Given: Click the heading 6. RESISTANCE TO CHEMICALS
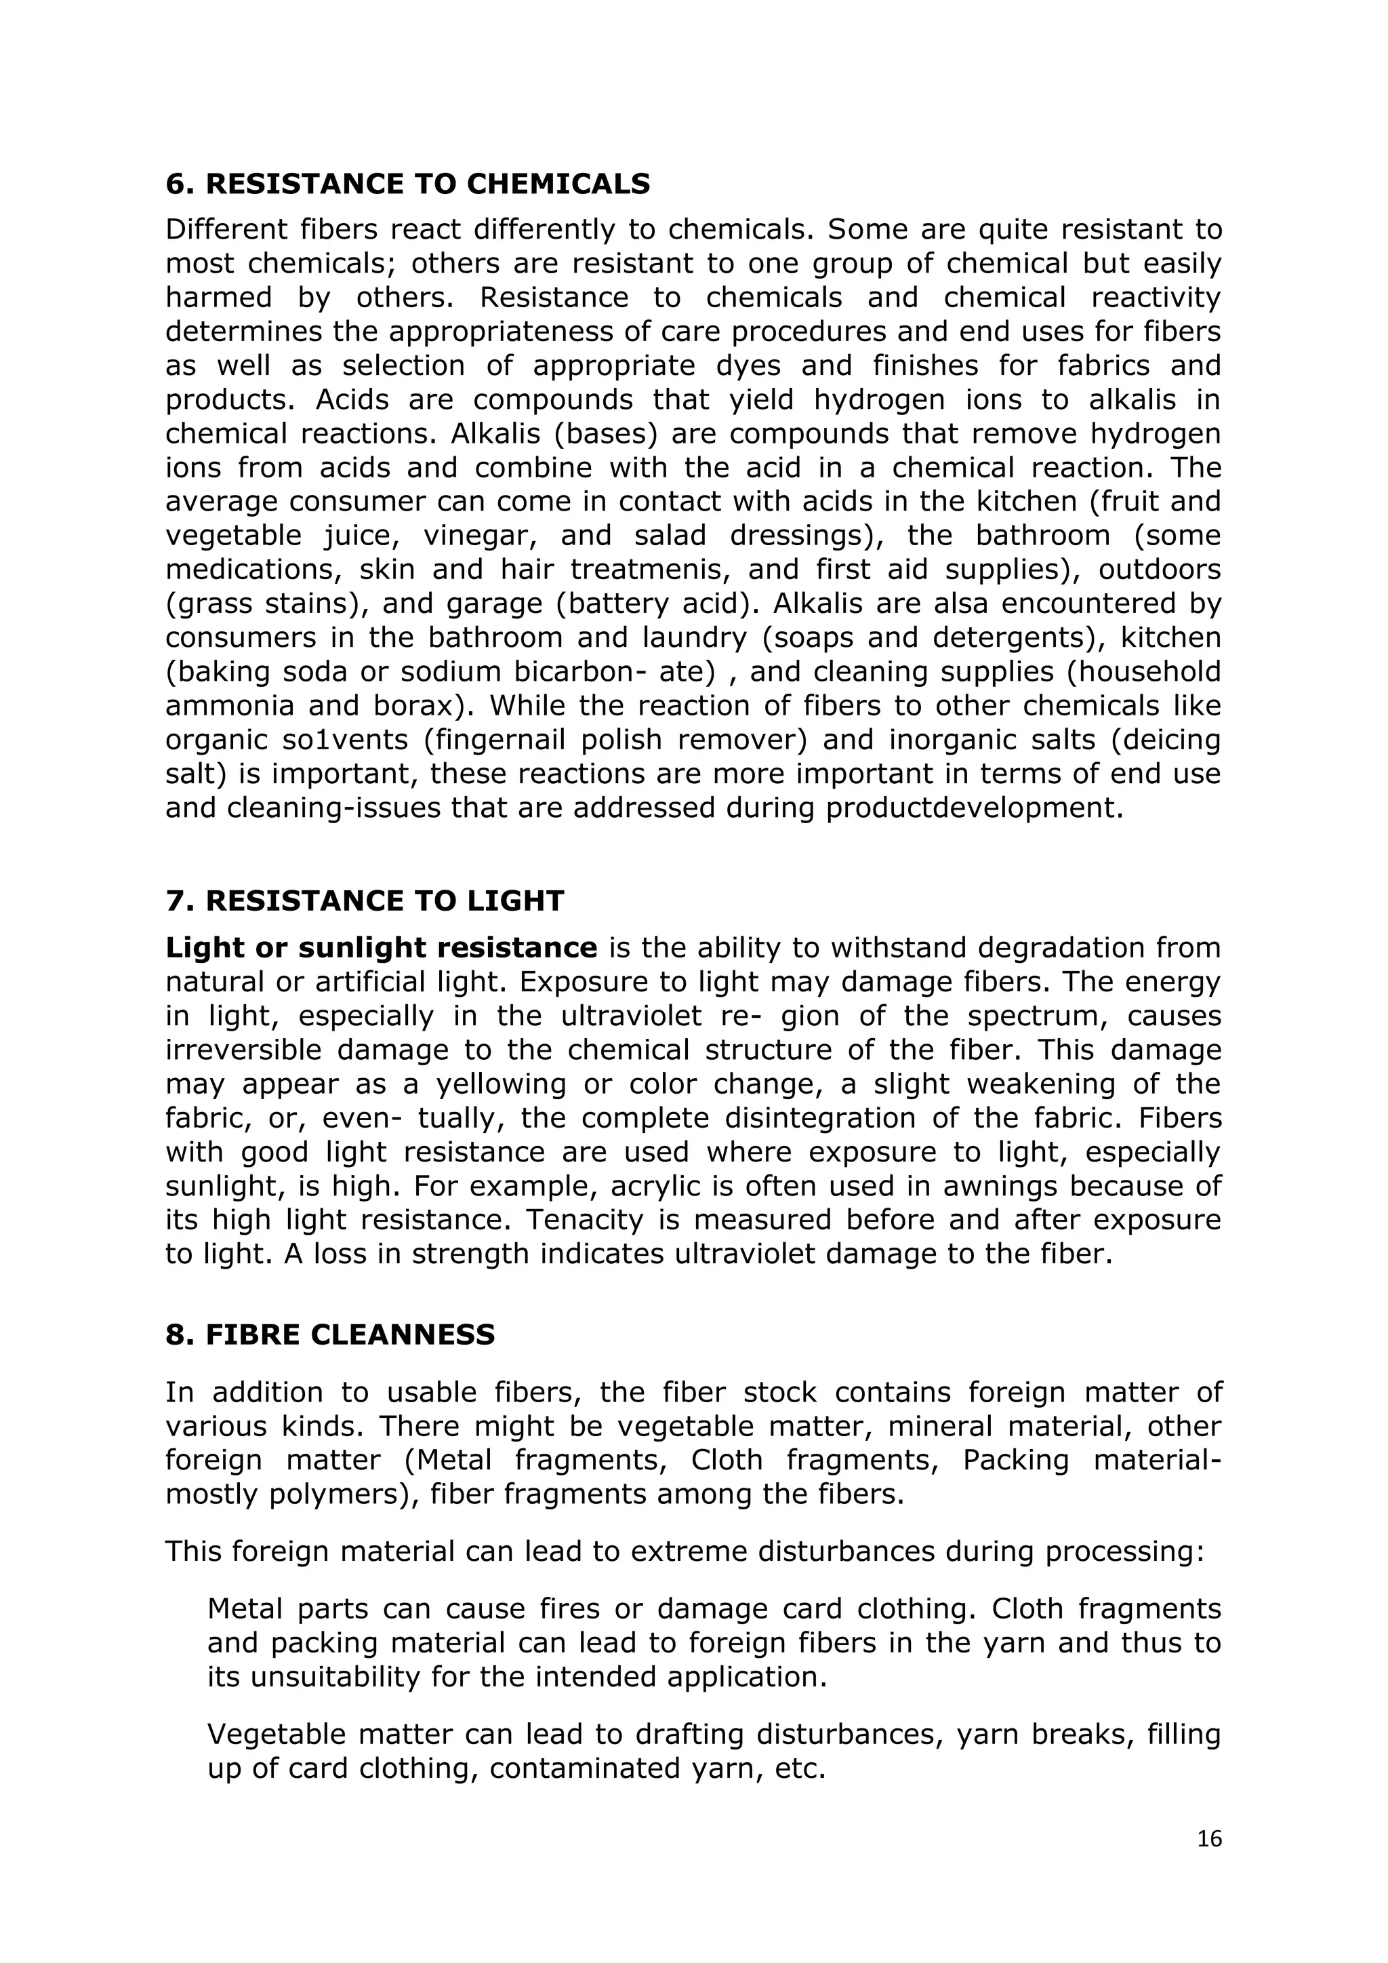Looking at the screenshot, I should click(x=408, y=184).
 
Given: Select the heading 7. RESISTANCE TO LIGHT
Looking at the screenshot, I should click(x=365, y=900).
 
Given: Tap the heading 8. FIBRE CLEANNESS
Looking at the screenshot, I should click(x=330, y=1334).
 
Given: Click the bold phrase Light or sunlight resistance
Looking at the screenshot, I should click(x=381, y=947).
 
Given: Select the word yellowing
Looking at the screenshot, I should click(x=501, y=1084).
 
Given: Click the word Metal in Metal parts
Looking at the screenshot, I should click(x=245, y=1609).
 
